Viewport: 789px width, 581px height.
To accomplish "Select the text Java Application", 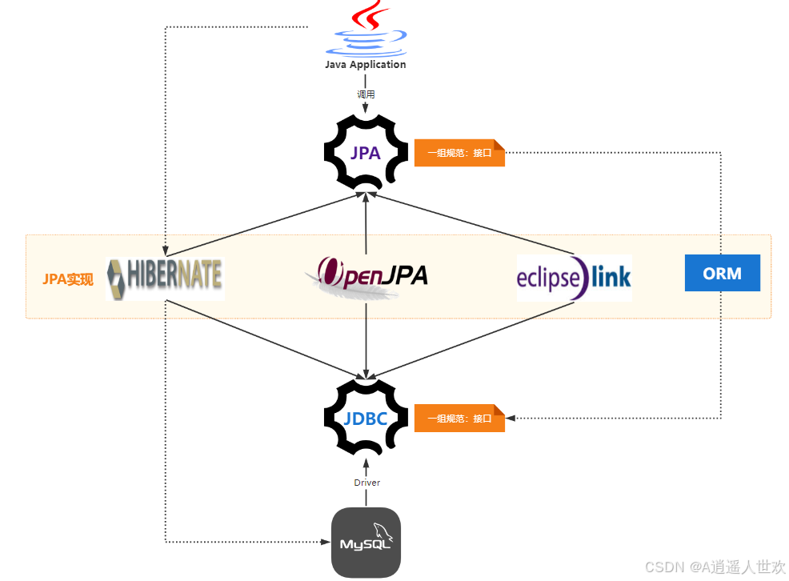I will tap(366, 65).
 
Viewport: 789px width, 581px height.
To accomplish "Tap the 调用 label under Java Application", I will tap(366, 94).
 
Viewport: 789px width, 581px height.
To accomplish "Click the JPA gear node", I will tap(366, 152).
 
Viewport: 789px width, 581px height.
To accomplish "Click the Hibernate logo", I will tap(165, 278).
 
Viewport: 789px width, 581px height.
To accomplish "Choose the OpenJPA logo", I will tap(366, 277).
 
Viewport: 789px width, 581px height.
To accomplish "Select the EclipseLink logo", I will tap(574, 278).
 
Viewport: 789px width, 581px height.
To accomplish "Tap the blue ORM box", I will tap(722, 273).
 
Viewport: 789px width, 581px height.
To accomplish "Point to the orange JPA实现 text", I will tap(68, 279).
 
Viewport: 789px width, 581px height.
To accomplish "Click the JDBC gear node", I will tap(366, 417).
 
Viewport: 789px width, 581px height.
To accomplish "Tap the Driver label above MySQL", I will tap(366, 483).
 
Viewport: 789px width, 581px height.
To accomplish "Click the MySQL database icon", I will tap(366, 543).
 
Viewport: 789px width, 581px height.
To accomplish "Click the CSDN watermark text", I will tap(715, 567).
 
